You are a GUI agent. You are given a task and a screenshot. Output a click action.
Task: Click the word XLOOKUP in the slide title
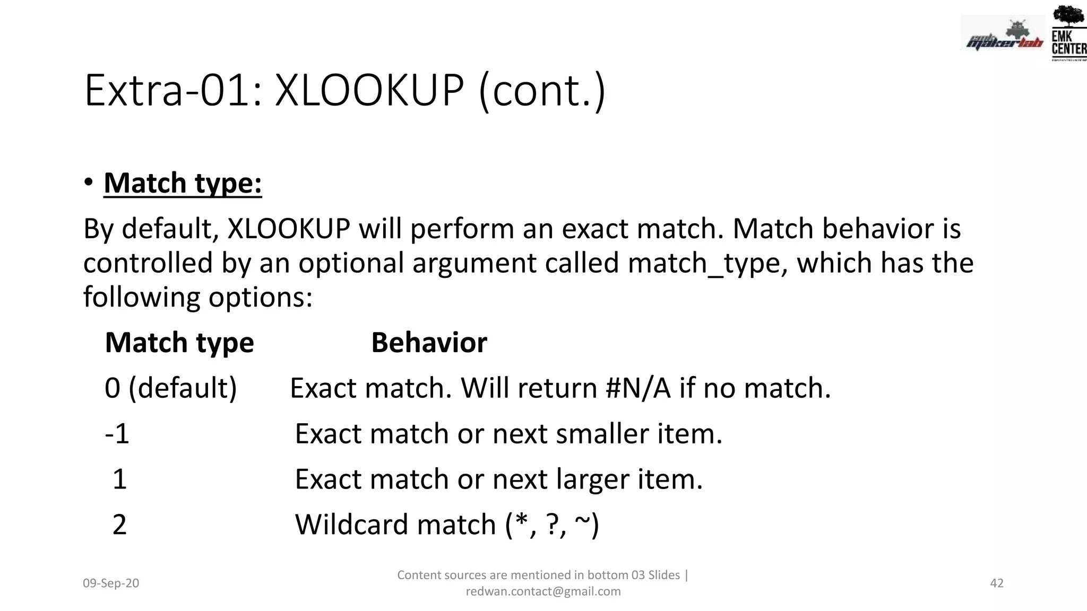(x=369, y=91)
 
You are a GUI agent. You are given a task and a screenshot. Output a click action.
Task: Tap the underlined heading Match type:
(x=183, y=184)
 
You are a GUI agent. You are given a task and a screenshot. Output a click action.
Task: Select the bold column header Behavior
(x=429, y=342)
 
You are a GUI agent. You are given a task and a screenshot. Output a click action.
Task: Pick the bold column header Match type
(x=179, y=343)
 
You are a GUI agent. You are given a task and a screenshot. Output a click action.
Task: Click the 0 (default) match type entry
(x=170, y=388)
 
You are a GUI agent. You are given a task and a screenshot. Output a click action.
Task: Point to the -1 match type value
(x=117, y=434)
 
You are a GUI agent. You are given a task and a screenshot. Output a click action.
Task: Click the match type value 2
(x=119, y=525)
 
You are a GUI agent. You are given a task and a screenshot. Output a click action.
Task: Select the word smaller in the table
(x=602, y=434)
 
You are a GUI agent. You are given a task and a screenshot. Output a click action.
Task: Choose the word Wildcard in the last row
(x=351, y=525)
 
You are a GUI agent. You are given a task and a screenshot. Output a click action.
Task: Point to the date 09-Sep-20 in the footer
(x=111, y=583)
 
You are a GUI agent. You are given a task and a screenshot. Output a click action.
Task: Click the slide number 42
(x=997, y=583)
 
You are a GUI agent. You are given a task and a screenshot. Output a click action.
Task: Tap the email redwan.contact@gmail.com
(x=543, y=591)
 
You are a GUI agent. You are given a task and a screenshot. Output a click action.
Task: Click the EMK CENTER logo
(x=1068, y=33)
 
